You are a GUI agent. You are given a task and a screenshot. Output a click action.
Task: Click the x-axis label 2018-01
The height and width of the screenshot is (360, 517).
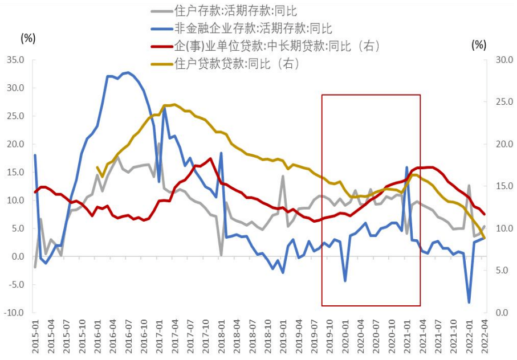click(221, 336)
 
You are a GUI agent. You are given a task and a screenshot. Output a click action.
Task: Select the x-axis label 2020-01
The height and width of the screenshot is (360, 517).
click(345, 336)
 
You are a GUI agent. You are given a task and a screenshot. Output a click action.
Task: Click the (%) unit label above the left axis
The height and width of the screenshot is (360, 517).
click(28, 38)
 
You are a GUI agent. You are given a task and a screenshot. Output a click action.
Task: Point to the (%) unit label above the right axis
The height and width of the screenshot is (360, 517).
click(479, 44)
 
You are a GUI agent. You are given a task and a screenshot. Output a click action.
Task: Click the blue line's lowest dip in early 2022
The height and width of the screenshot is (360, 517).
click(469, 302)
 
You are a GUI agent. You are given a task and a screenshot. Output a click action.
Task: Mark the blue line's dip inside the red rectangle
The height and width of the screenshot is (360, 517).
click(345, 280)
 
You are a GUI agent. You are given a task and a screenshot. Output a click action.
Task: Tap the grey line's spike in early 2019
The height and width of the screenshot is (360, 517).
click(283, 177)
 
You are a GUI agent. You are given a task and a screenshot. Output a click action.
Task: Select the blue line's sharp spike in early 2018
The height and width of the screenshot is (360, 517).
click(221, 153)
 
